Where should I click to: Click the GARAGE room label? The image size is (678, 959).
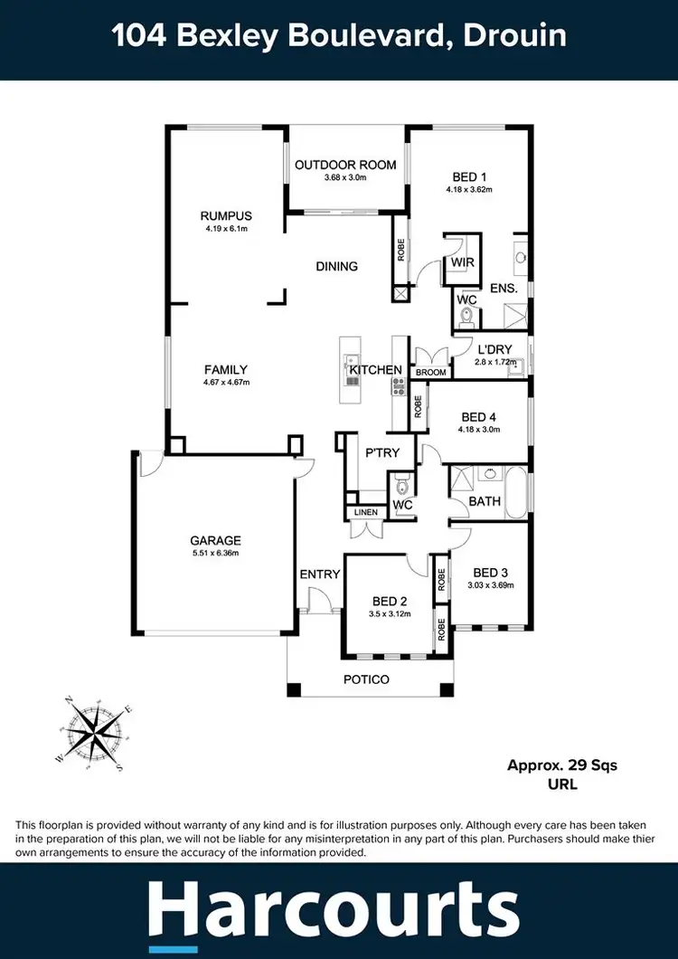[214, 541]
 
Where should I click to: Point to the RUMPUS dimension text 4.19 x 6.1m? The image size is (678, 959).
[226, 229]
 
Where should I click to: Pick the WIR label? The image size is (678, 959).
[462, 262]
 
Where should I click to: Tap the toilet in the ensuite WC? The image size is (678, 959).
[466, 317]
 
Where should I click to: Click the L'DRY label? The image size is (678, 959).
[496, 349]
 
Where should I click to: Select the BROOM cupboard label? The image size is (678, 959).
[430, 372]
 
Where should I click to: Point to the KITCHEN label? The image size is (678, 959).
[375, 370]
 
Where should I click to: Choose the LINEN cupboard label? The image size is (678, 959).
[365, 512]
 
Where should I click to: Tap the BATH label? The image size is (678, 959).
[485, 501]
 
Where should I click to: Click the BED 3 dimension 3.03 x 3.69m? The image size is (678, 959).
[491, 584]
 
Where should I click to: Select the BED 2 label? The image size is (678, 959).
[391, 601]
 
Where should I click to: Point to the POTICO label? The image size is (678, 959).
[366, 679]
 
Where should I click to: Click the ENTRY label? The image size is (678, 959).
[319, 574]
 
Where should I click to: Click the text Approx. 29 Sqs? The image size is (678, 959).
[561, 765]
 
